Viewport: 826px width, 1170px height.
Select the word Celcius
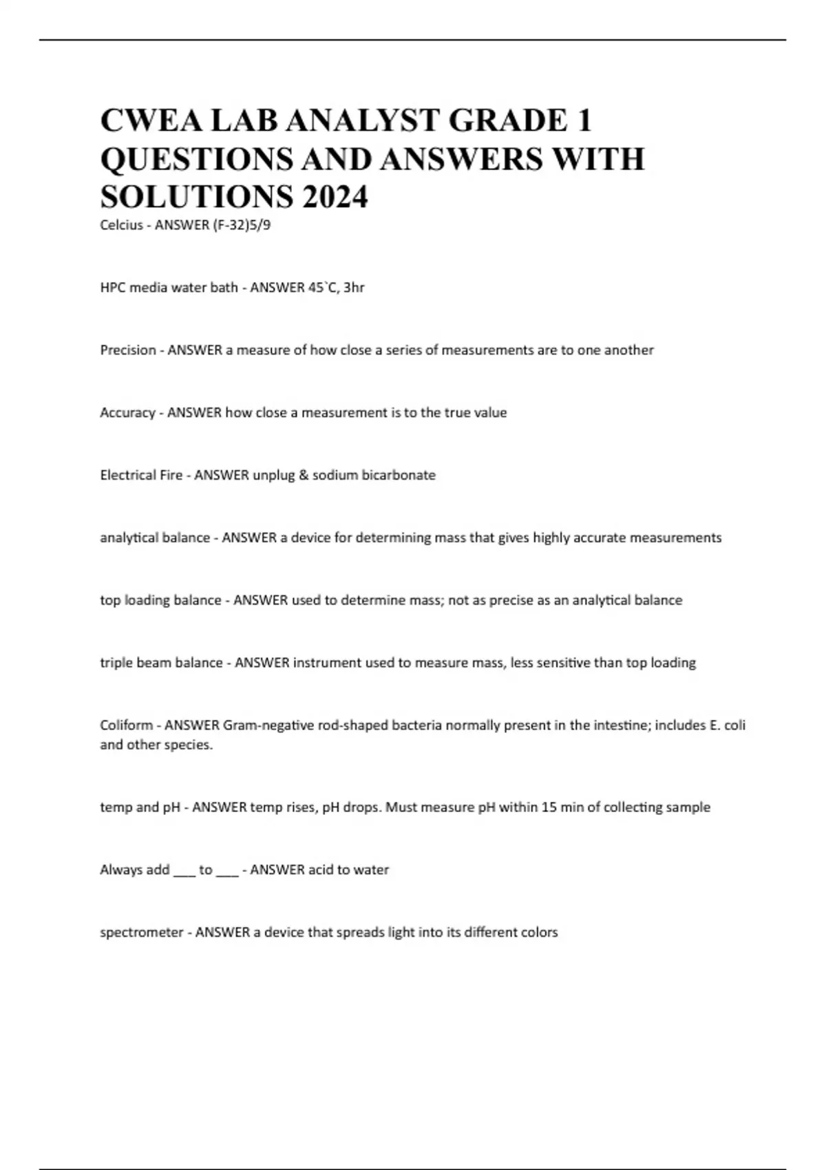click(x=122, y=225)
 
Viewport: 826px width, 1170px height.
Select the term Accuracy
click(x=128, y=413)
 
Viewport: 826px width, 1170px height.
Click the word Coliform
click(x=127, y=725)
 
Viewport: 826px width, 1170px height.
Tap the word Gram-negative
click(x=264, y=725)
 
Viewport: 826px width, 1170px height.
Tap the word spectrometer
click(x=142, y=933)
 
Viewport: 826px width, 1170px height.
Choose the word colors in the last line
click(x=538, y=933)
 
